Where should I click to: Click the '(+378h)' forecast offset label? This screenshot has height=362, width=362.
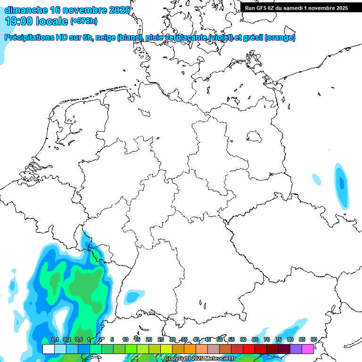[84, 21]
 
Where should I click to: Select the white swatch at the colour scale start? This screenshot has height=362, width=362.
[48, 349]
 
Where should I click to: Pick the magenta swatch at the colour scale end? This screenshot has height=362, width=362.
[308, 349]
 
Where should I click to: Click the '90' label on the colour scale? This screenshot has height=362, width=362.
[313, 339]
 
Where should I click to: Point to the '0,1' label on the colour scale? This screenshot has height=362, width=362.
[55, 339]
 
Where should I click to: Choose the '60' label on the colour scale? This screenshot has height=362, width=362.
[243, 339]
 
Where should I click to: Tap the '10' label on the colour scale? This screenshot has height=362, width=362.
[125, 339]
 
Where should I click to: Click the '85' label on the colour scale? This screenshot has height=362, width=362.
[302, 339]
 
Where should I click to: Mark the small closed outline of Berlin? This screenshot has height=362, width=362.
[255, 137]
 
